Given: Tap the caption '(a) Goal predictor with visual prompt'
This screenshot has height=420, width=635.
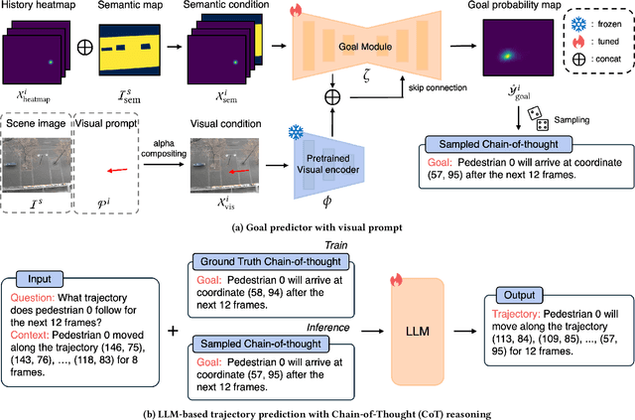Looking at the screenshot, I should coord(317,225).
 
